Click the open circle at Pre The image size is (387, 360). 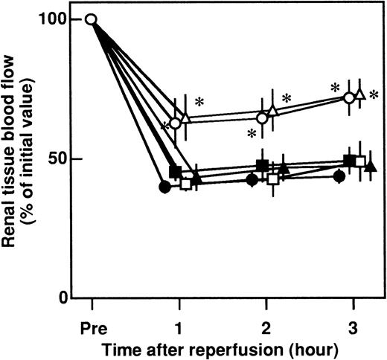click(x=92, y=19)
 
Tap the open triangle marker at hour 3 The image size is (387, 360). click(x=359, y=95)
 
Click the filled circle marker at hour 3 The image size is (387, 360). click(x=339, y=176)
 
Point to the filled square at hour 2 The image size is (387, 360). click(x=262, y=165)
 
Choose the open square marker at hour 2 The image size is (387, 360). click(x=273, y=179)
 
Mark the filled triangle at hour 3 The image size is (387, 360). click(x=371, y=166)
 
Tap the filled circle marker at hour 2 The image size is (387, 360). click(x=252, y=179)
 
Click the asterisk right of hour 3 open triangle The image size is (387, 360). click(x=374, y=94)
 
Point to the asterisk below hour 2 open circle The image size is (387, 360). click(x=252, y=134)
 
